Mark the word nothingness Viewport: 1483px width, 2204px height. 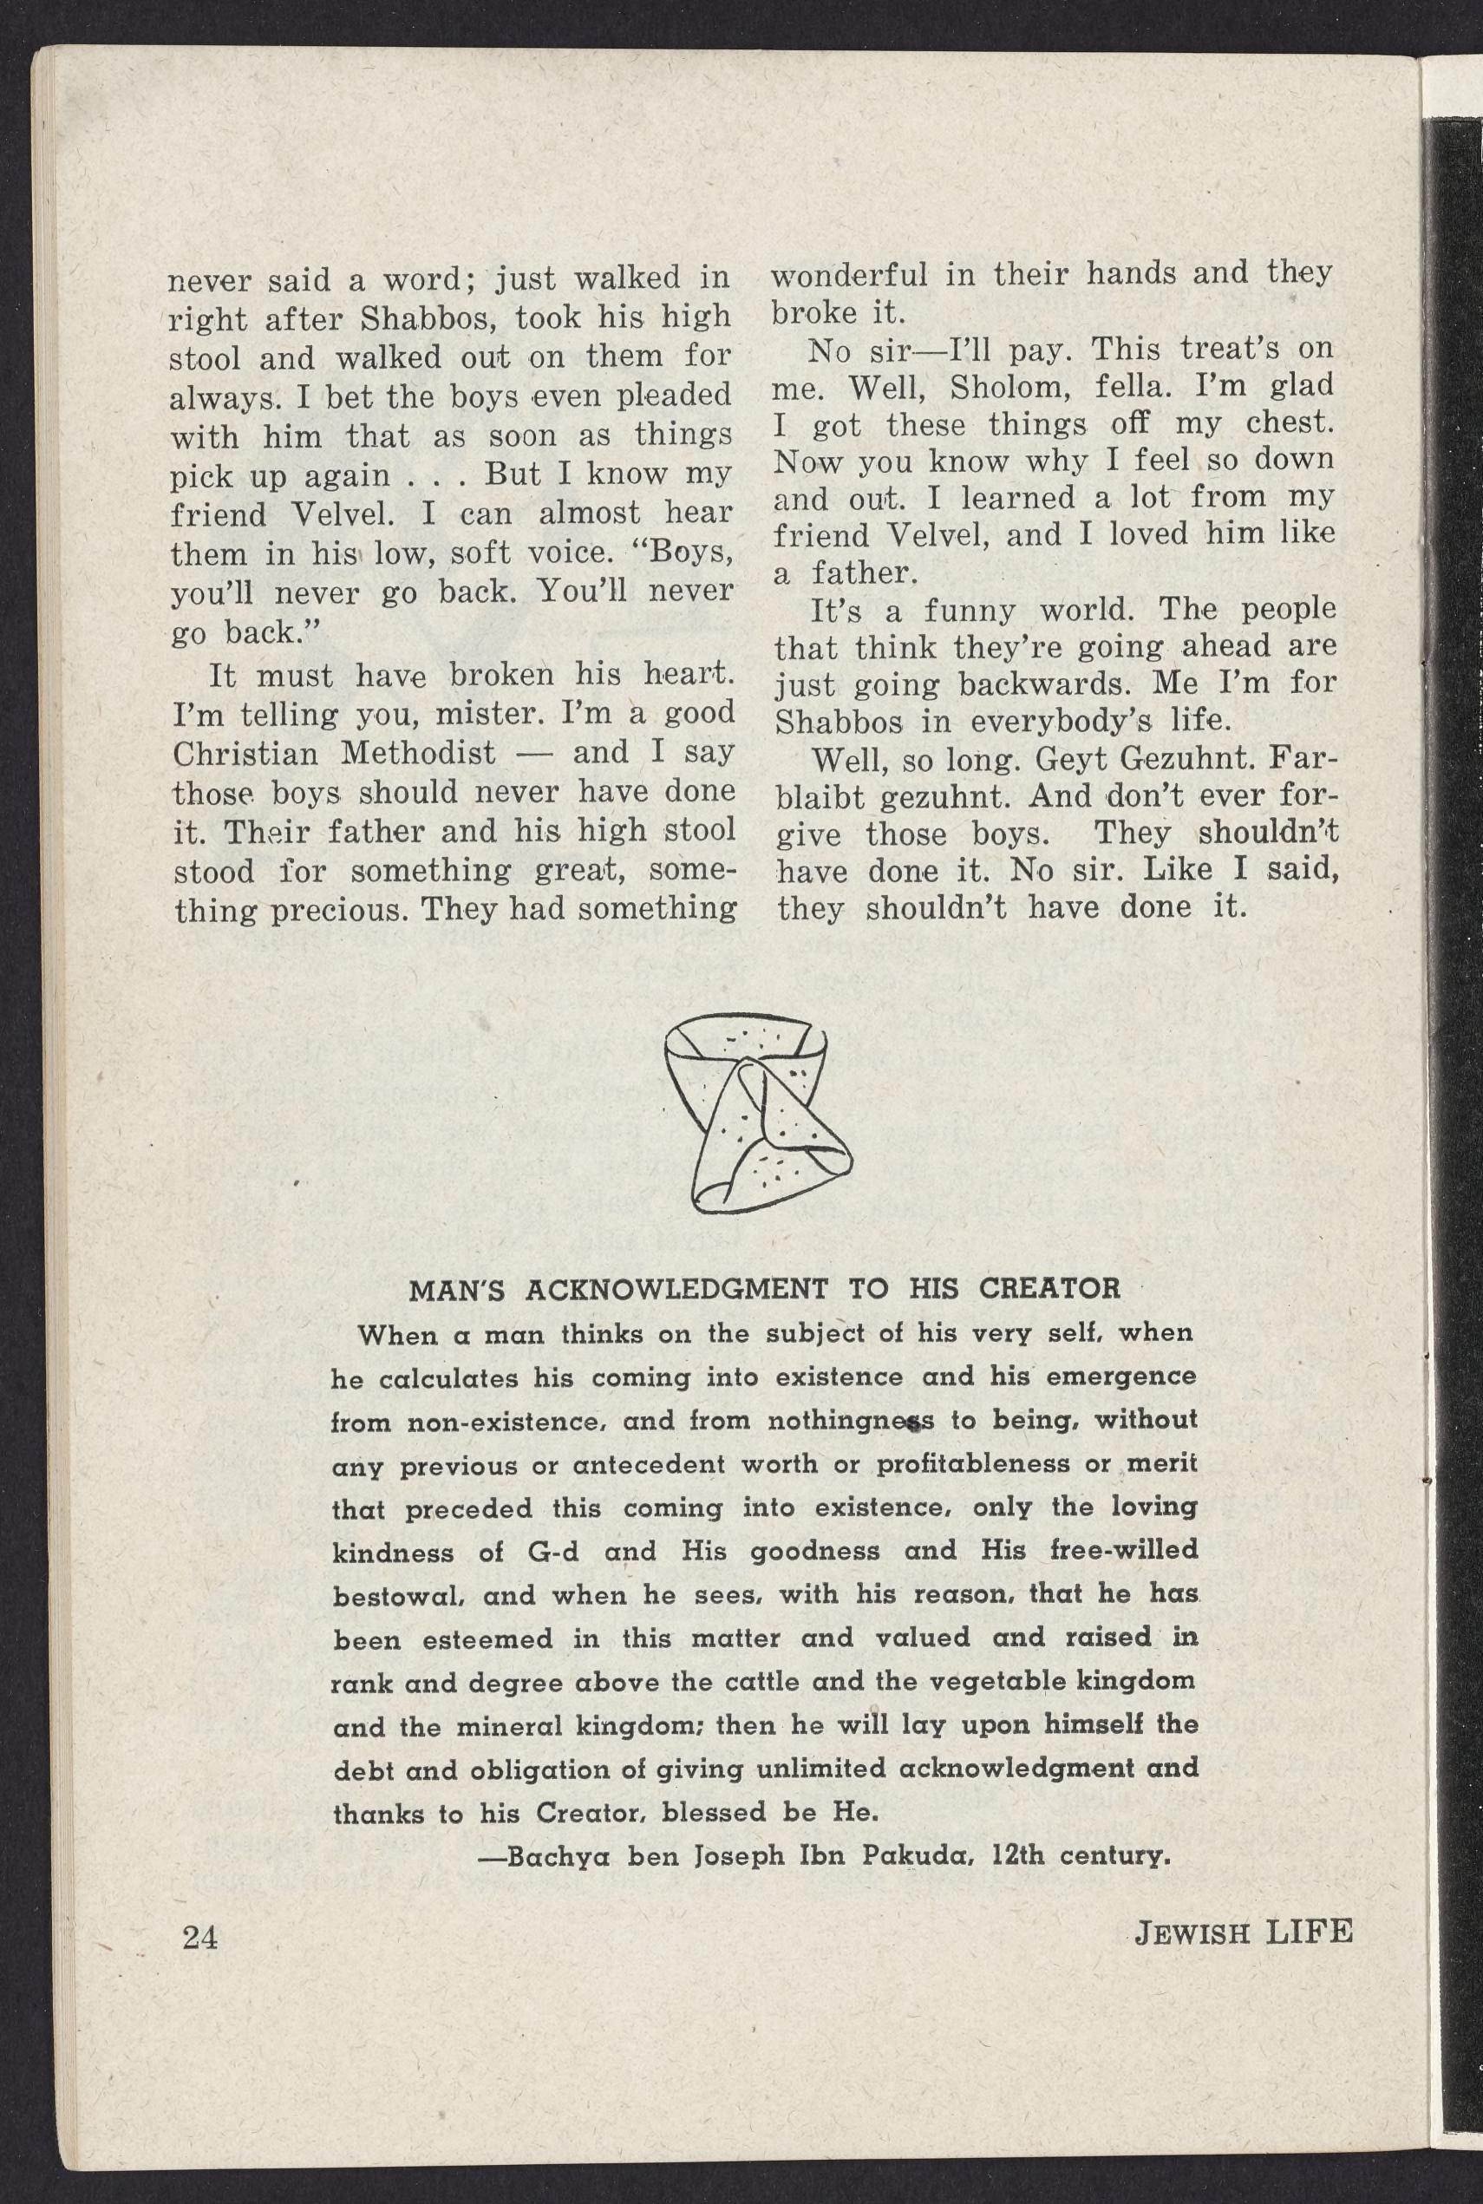(x=850, y=1420)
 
